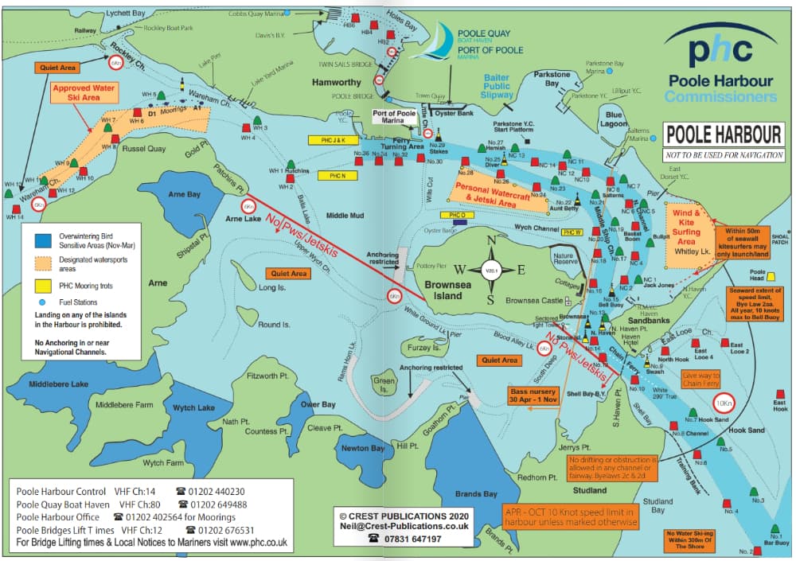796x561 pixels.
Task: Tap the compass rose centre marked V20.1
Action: pos(491,270)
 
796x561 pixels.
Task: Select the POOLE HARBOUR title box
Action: pos(724,133)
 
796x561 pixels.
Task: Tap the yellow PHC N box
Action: pos(332,175)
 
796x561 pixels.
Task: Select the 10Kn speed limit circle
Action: pos(723,403)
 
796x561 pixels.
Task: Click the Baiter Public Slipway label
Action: pos(496,86)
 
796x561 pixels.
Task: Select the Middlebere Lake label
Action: pos(58,384)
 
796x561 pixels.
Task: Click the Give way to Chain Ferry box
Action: pos(700,379)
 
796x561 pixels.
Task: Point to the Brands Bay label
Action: pos(478,494)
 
